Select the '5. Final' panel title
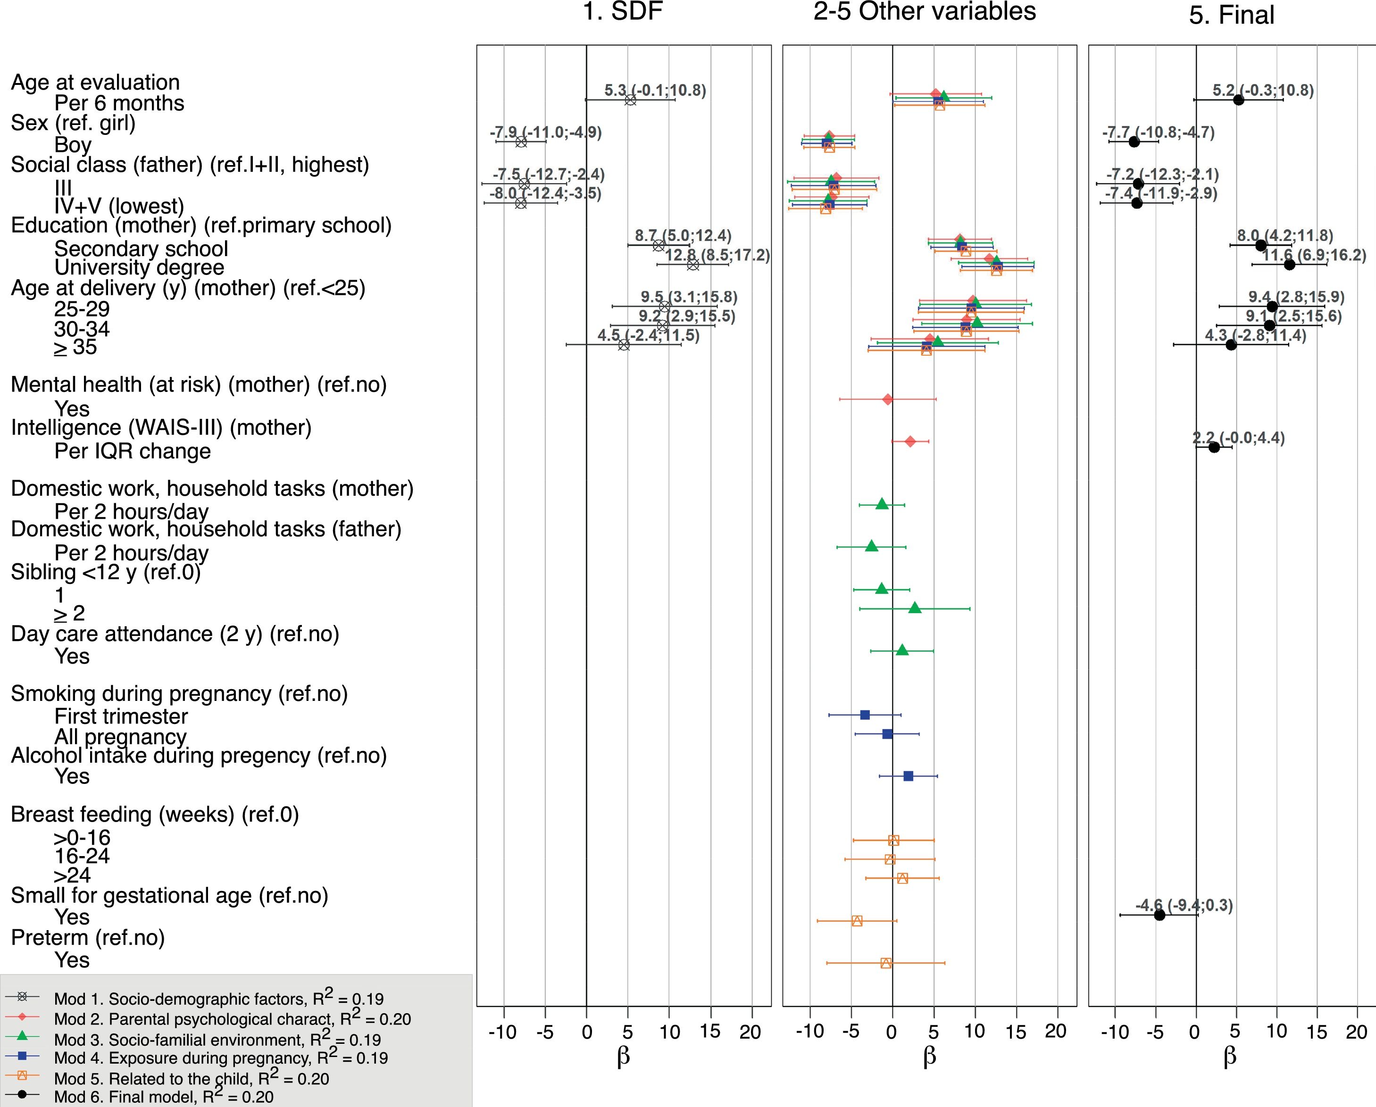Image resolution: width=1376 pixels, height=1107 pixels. (1231, 15)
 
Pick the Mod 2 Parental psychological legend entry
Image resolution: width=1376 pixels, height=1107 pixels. (232, 1019)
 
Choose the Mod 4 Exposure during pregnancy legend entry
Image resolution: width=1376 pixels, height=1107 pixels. (221, 1058)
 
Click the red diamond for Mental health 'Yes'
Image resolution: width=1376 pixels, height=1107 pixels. (887, 400)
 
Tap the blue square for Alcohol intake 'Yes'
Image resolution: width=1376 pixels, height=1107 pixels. (908, 776)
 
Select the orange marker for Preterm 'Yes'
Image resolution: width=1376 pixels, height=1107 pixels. (886, 963)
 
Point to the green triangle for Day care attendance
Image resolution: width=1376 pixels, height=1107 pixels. (902, 650)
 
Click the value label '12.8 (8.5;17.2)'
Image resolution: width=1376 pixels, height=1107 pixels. (717, 255)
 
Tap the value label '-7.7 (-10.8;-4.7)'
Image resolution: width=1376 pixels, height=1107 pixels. (1159, 133)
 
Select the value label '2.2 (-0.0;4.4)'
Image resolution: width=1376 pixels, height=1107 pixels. (1238, 438)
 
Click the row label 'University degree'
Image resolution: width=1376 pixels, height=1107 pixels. (139, 267)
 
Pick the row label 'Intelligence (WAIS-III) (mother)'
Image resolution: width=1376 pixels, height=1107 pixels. (161, 427)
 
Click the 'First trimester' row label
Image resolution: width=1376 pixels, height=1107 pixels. (121, 716)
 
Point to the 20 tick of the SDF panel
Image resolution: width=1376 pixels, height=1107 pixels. (751, 1032)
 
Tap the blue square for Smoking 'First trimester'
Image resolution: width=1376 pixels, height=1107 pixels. (865, 715)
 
